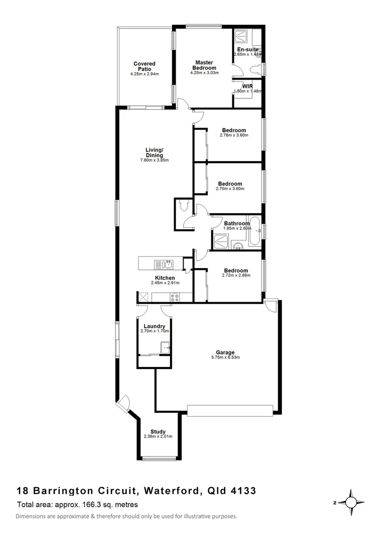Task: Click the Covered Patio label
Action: click(144, 66)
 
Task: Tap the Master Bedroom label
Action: click(204, 65)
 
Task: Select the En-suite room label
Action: click(247, 50)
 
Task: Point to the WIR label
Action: click(248, 86)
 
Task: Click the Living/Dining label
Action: click(154, 152)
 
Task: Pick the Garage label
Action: click(229, 352)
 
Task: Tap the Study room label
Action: click(158, 431)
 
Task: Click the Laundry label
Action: click(154, 326)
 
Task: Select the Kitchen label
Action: click(165, 277)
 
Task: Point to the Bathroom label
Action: click(236, 223)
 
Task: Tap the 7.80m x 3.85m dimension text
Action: click(154, 160)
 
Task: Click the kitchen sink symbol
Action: click(163, 264)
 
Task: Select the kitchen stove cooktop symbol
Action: click(175, 297)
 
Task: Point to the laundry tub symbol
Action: click(165, 347)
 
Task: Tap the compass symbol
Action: click(352, 503)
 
